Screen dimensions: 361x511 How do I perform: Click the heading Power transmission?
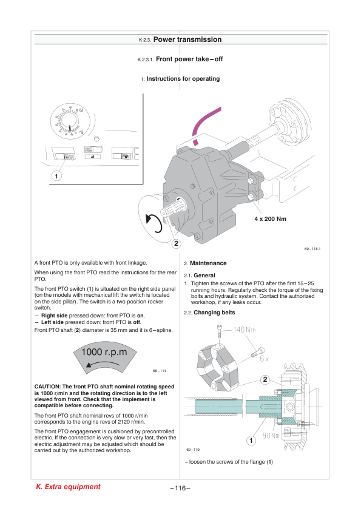(x=187, y=39)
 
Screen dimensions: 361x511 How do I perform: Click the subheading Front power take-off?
(x=189, y=59)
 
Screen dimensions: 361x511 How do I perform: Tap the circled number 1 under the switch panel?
(x=56, y=176)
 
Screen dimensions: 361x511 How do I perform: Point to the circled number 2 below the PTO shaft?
(x=177, y=243)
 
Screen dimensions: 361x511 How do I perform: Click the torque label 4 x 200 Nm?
(x=271, y=219)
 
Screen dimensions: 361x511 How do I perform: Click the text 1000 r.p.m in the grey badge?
(x=104, y=352)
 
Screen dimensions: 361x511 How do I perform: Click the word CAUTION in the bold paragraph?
(x=47, y=387)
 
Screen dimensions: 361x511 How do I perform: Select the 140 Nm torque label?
(x=245, y=330)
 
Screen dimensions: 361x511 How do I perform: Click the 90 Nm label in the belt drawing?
(x=271, y=435)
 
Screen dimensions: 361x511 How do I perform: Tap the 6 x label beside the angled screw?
(x=265, y=359)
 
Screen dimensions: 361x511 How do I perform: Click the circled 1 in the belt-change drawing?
(x=251, y=441)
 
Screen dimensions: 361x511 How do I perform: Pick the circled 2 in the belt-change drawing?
(x=265, y=379)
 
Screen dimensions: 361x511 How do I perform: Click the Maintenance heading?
(x=208, y=263)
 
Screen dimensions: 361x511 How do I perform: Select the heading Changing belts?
(x=214, y=313)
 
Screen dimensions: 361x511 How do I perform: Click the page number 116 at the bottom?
(x=180, y=488)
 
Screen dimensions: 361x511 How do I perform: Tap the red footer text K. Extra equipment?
(x=68, y=487)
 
